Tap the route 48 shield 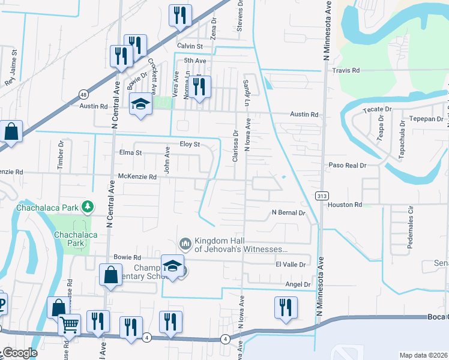pos(83,94)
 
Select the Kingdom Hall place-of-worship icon pos(185,243)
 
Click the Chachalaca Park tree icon pos(88,207)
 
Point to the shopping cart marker pos(69,326)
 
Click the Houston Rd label pos(345,205)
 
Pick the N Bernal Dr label pos(288,212)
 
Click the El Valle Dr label pos(292,264)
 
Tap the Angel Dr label pos(297,284)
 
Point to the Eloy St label pos(189,145)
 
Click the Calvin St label pos(190,46)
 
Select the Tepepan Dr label pos(409,119)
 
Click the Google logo pos(19,353)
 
